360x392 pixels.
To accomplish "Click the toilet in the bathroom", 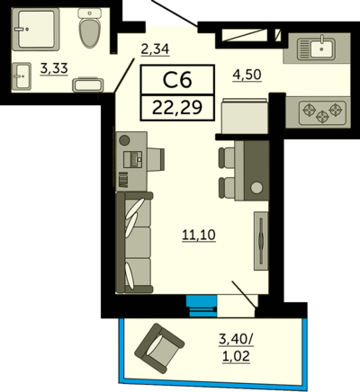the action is (x=89, y=28).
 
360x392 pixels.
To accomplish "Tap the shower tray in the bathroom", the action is (x=35, y=29).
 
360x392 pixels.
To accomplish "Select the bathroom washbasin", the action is (x=22, y=76).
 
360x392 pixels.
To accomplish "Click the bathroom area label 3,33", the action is (x=54, y=69).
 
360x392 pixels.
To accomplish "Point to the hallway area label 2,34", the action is (x=155, y=49).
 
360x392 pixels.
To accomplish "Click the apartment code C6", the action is (x=177, y=80).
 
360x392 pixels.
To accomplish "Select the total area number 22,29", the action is (x=177, y=108).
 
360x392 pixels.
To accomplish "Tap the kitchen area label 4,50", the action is (x=247, y=75).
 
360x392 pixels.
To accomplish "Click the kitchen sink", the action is (x=316, y=48).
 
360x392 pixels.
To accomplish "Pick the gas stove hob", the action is (x=322, y=113).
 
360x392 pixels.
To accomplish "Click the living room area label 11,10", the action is (x=199, y=235).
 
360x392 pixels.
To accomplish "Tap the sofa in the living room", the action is (x=134, y=243).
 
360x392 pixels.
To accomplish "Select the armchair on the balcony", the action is (x=159, y=349).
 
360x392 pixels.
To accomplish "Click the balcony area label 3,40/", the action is (x=236, y=340).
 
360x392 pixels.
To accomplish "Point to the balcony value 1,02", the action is (x=236, y=357).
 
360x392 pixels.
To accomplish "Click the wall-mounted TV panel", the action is (x=261, y=241).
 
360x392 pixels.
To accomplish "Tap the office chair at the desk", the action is (x=156, y=159).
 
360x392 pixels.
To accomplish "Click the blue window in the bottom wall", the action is (x=202, y=306).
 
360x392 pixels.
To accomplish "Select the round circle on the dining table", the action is (x=256, y=188).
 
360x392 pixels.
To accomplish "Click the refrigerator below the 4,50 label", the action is (x=244, y=117).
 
